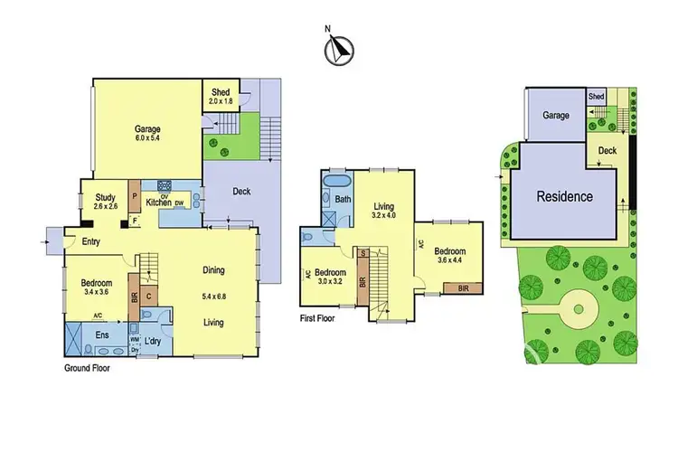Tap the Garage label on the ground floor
click(x=146, y=129)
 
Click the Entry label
click(x=90, y=241)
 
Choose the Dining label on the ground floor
click(x=213, y=270)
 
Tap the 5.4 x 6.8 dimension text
click(x=213, y=296)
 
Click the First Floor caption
click(x=325, y=318)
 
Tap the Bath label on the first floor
click(x=343, y=199)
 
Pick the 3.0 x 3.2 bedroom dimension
click(x=330, y=282)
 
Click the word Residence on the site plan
click(x=565, y=196)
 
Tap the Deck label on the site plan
click(x=607, y=151)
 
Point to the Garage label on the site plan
click(x=556, y=116)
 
